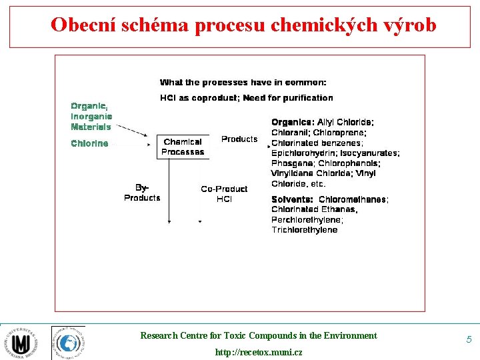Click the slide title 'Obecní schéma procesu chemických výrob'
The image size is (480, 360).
(x=243, y=25)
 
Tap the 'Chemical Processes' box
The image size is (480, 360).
(x=183, y=147)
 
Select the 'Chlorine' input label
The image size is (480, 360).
(x=89, y=143)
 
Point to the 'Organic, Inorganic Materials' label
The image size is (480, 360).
(x=91, y=116)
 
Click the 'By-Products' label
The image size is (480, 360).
(x=142, y=193)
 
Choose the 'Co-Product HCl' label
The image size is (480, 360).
(x=224, y=194)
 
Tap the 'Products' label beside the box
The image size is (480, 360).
(x=239, y=139)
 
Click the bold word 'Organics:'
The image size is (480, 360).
(x=293, y=123)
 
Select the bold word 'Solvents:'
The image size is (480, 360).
(x=292, y=199)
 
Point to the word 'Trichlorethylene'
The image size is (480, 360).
(x=304, y=230)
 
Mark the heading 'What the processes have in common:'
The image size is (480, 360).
(x=243, y=83)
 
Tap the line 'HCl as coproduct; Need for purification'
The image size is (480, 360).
(x=246, y=98)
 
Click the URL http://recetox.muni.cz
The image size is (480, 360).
(x=258, y=351)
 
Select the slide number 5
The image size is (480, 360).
(x=469, y=339)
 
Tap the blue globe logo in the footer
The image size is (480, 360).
(x=68, y=343)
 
